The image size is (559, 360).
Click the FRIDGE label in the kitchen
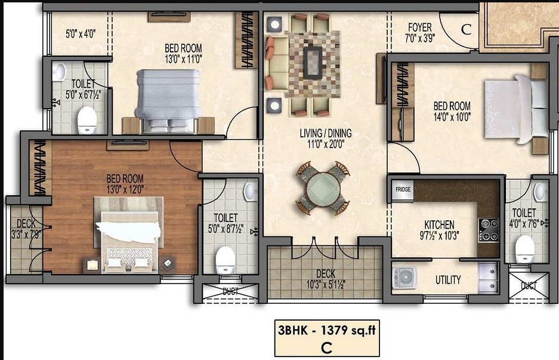tap(403, 189)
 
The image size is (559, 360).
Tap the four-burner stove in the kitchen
tap(489, 230)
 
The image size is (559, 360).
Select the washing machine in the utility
tap(404, 277)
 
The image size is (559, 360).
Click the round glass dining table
tap(323, 187)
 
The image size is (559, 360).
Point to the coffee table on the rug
tap(313, 63)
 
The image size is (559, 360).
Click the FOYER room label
tap(420, 27)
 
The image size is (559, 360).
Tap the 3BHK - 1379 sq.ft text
tap(326, 330)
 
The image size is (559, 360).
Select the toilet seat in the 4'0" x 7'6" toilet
tap(525, 249)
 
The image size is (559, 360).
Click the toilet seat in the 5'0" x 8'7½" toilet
tap(226, 260)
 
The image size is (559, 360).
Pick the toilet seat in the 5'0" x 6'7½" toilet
tap(87, 120)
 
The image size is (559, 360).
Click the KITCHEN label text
tap(439, 225)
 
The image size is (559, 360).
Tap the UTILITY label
tap(448, 280)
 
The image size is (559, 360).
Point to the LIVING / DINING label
tap(326, 134)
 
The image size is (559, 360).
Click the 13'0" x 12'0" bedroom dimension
tap(125, 189)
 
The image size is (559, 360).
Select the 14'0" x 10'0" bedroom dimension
tap(452, 116)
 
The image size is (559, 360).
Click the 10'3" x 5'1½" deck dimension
tap(326, 284)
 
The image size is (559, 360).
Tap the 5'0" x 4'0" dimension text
tap(81, 34)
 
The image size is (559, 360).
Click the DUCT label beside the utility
tap(529, 285)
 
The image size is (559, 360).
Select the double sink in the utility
tap(488, 277)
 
